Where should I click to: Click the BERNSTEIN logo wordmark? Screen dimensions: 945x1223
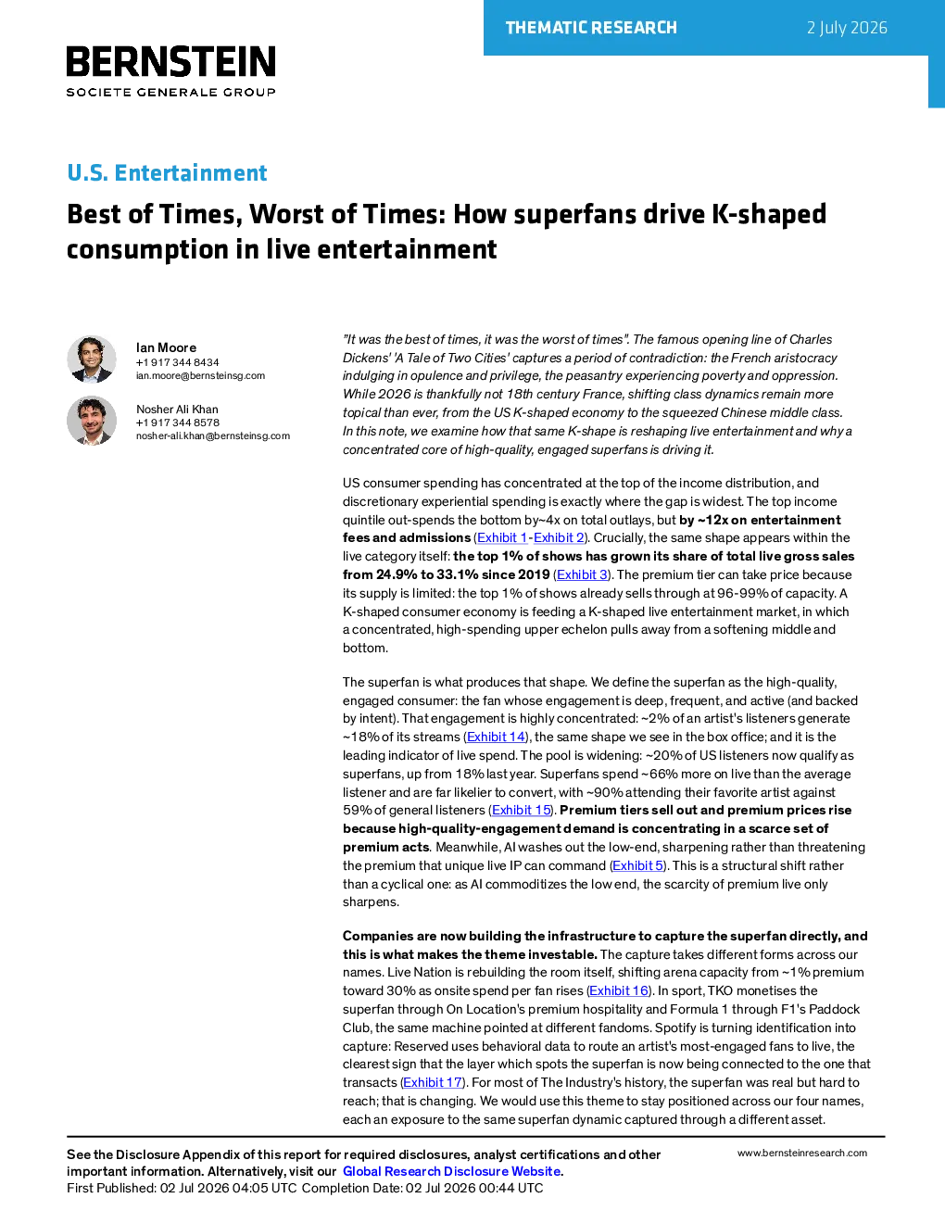(171, 61)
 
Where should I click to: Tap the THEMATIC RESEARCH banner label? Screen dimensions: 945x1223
(591, 28)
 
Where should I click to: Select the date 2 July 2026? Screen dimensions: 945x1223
(847, 28)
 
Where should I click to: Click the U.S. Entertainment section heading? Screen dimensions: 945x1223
(167, 172)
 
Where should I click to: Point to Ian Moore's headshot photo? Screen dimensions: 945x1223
(92, 359)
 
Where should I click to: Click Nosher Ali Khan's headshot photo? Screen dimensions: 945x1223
(92, 421)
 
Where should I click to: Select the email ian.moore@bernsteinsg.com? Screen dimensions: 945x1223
(200, 375)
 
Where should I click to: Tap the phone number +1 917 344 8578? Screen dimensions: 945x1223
(178, 422)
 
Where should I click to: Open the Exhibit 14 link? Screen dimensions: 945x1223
(496, 737)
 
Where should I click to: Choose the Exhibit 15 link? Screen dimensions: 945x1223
(522, 810)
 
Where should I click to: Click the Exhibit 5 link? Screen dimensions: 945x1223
(638, 865)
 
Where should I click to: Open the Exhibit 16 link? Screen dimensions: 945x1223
(619, 990)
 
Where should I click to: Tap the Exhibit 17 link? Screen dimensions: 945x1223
(433, 1082)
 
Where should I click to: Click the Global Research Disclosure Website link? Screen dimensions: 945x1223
(452, 1171)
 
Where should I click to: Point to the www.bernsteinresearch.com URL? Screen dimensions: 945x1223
(802, 1153)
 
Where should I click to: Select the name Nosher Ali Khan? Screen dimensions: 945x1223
(177, 410)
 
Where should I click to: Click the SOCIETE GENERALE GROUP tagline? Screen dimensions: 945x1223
(171, 93)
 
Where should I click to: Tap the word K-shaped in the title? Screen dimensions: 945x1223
(769, 214)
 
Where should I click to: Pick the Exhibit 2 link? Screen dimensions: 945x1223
(559, 537)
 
